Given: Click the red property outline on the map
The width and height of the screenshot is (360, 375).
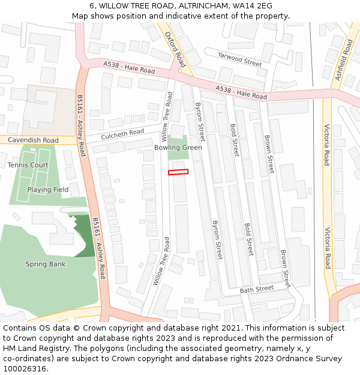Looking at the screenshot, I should [178, 172].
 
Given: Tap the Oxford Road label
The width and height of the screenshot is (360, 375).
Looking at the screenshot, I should [175, 48].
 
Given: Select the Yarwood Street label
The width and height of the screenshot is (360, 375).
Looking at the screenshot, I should [239, 59].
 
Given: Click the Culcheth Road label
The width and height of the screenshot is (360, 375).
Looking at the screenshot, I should [122, 134].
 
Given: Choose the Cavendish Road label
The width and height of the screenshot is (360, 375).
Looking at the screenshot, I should [34, 140].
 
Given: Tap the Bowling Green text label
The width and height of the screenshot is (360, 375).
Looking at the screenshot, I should [178, 148].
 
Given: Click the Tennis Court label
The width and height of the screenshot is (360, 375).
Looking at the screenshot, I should [28, 165].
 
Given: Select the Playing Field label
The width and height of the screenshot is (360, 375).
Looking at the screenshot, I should [48, 190].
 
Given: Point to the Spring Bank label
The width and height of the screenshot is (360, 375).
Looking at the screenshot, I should [46, 264].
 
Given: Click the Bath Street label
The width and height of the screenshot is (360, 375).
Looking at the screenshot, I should [256, 289].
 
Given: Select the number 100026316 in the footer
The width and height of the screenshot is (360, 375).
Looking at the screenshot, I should [25, 369].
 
